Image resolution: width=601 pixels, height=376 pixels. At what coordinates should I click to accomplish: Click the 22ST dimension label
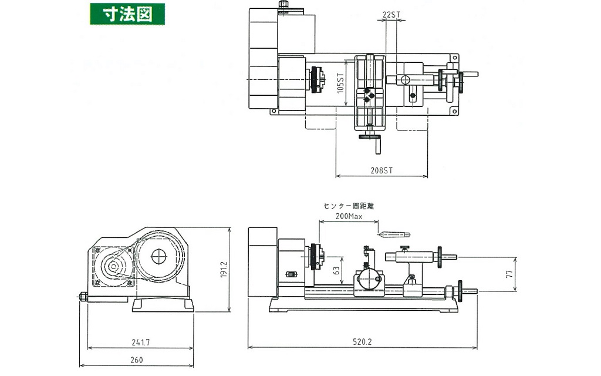coord(391,14)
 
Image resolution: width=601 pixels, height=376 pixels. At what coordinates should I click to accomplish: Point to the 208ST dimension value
coord(381,170)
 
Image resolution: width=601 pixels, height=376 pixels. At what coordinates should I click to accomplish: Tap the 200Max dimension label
coord(349,216)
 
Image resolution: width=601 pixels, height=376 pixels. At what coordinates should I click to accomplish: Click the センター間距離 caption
coord(349,206)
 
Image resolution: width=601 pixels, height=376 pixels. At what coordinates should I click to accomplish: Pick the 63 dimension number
coord(336,270)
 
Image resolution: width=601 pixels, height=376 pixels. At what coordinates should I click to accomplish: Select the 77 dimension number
coord(509,273)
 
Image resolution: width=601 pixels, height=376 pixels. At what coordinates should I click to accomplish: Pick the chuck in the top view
coord(320,79)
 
